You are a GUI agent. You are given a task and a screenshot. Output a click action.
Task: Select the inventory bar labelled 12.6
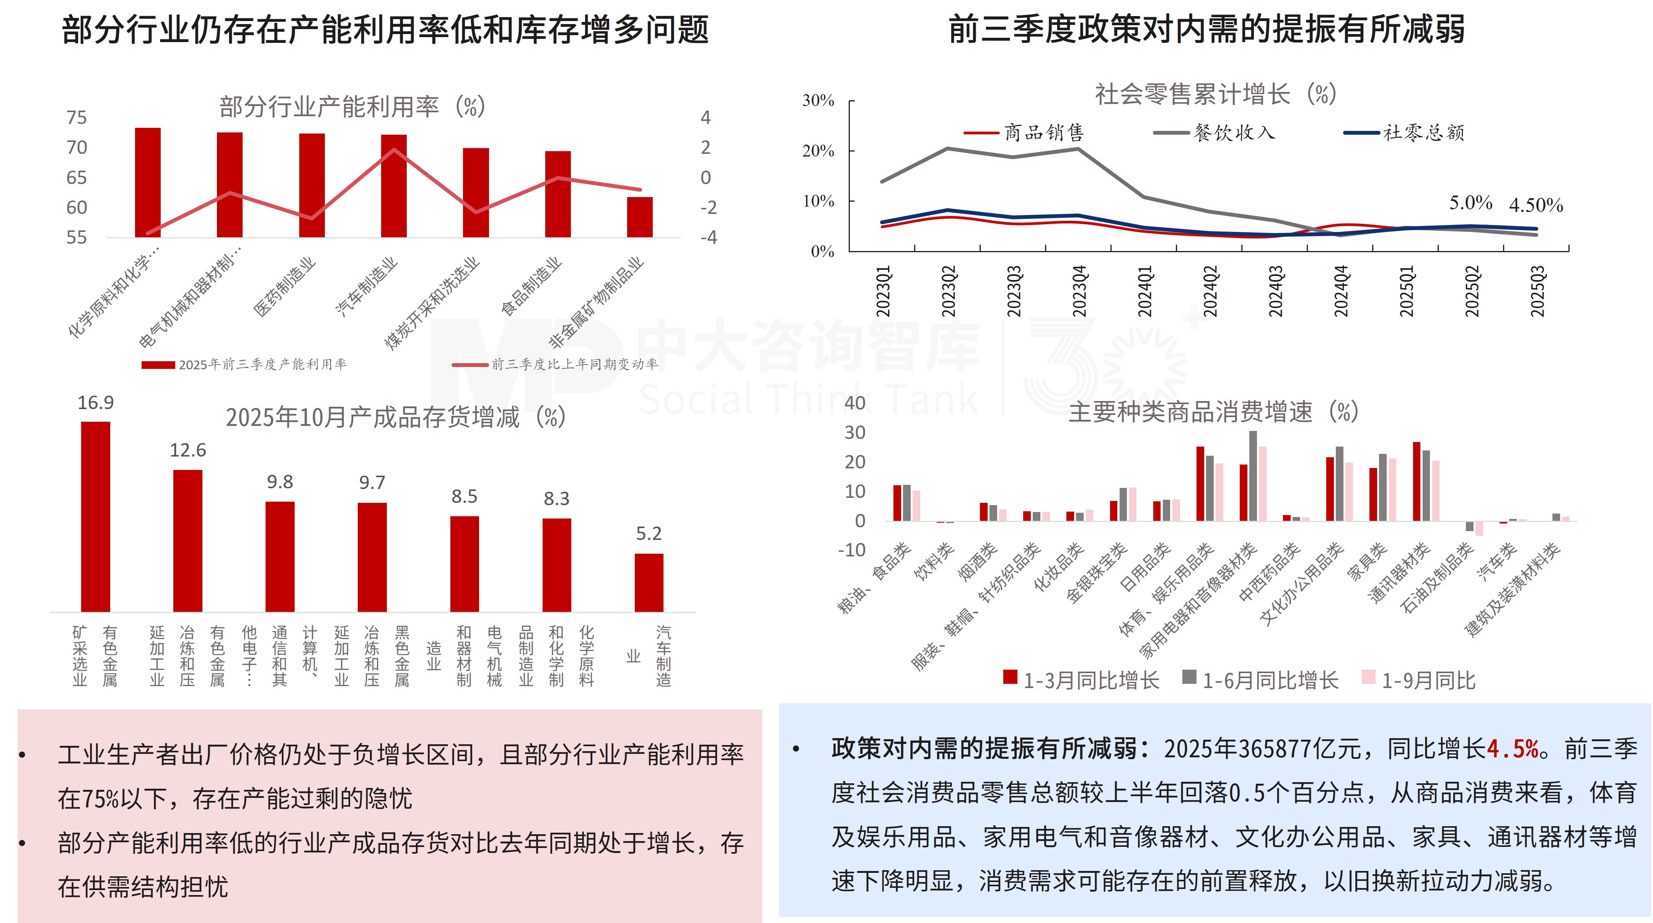pyautogui.click(x=187, y=540)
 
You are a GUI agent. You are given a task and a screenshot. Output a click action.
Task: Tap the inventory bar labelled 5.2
pyautogui.click(x=649, y=582)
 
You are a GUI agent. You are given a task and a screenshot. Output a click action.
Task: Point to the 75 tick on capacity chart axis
pyautogui.click(x=77, y=117)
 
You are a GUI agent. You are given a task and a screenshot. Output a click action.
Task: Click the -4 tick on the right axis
pyautogui.click(x=708, y=238)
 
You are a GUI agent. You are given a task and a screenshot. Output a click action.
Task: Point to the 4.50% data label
pyautogui.click(x=1536, y=205)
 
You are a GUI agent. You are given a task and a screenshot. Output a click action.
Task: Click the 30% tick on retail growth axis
pyautogui.click(x=818, y=101)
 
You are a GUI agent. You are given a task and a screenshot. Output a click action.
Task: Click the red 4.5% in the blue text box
pyautogui.click(x=1513, y=749)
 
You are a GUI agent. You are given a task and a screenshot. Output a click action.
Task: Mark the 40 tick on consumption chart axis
pyautogui.click(x=855, y=403)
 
